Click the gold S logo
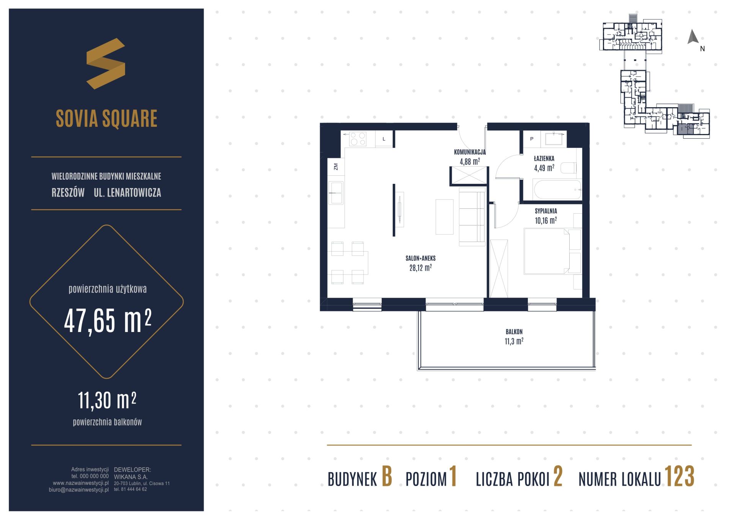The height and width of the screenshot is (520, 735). [x=105, y=64]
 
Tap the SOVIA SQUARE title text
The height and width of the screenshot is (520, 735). [x=106, y=118]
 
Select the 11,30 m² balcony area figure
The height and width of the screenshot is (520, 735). [x=107, y=400]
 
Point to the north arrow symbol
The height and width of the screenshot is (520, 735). [x=693, y=37]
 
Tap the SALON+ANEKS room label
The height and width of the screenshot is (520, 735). [x=420, y=258]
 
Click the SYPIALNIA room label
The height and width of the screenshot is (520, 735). [x=546, y=211]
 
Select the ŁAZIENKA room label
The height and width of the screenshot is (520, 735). [x=544, y=159]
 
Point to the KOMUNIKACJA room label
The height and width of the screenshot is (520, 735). [x=470, y=152]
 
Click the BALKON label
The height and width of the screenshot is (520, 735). [x=514, y=332]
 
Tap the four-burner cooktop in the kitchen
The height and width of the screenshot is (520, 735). [x=358, y=139]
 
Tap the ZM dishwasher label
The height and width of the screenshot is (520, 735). [x=336, y=167]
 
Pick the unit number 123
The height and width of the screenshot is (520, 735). [x=679, y=477]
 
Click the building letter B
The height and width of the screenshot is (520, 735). [x=387, y=477]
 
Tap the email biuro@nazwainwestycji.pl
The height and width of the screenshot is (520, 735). [x=79, y=490]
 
